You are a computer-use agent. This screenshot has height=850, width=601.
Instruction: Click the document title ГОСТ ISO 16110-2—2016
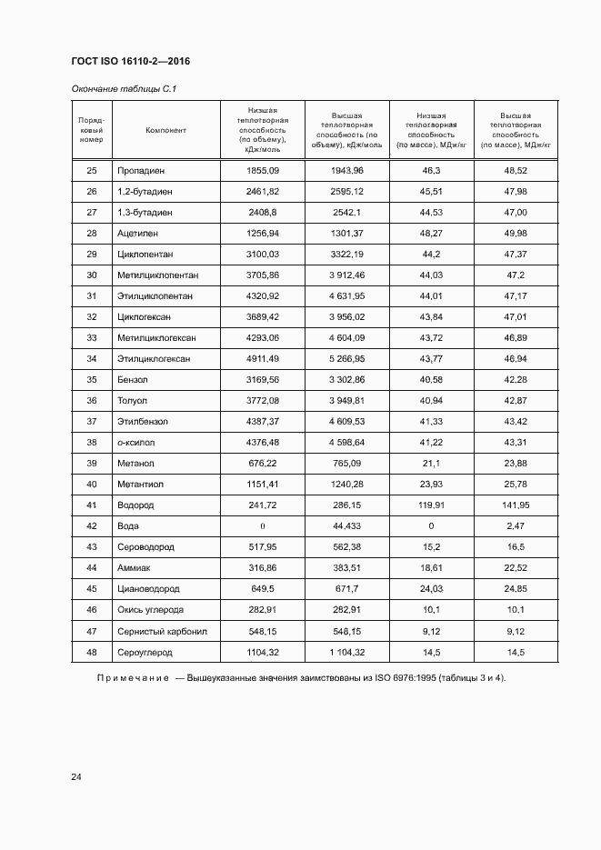(x=130, y=61)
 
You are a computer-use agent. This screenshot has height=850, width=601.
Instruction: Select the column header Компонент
(x=165, y=130)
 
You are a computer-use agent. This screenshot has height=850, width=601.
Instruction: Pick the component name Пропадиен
(x=141, y=171)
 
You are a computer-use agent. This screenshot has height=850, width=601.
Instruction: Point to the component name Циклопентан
(x=145, y=255)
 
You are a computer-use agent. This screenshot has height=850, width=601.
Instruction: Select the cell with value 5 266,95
(x=346, y=359)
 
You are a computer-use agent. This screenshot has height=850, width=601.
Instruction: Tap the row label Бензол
(x=131, y=380)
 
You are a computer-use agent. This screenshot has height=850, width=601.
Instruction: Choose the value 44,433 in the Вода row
(x=346, y=526)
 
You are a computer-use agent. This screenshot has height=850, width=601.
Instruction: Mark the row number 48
(x=91, y=652)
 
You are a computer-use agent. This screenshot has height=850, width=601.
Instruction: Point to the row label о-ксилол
(x=137, y=443)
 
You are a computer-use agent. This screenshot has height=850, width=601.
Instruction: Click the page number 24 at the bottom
(x=76, y=777)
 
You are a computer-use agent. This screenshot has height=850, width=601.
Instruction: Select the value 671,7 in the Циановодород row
(x=346, y=589)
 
